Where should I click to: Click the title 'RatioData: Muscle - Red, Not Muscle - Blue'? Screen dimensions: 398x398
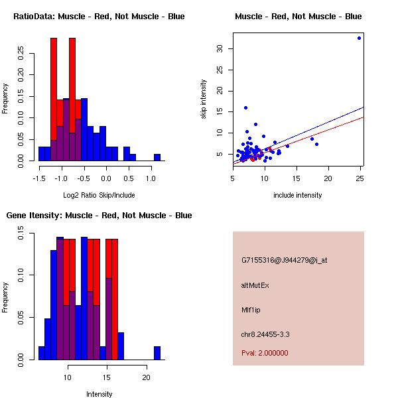tap(99, 16)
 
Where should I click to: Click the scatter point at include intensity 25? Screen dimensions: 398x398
tap(359, 38)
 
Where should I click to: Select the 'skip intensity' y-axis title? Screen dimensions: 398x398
tap(204, 99)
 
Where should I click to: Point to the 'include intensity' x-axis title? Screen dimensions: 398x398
tap(298, 195)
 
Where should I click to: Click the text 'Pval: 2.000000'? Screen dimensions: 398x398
tap(265, 353)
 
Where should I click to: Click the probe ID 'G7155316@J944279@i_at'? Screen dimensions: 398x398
tap(284, 260)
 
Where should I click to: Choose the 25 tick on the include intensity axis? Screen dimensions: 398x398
tap(359, 178)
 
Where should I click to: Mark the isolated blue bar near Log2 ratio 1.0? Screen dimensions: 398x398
tap(157, 158)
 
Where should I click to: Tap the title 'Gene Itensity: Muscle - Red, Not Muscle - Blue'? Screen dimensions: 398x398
tap(99, 216)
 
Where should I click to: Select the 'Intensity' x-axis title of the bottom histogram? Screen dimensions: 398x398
tap(99, 394)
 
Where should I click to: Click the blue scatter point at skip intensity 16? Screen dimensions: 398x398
tap(245, 107)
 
